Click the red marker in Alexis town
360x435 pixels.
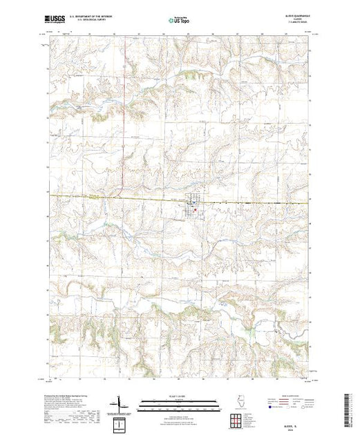pyautogui.click(x=196, y=210)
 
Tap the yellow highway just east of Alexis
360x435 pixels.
pyautogui.click(x=228, y=202)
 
